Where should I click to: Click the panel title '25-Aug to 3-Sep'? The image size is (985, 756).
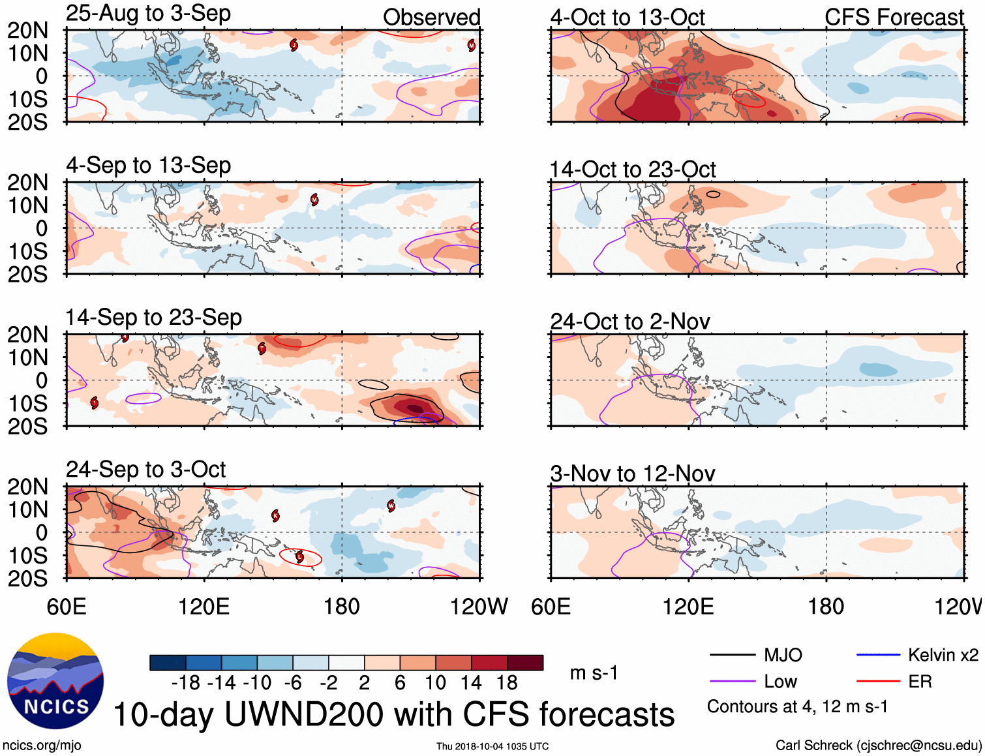pos(148,14)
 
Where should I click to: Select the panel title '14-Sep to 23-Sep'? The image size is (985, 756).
pos(153,318)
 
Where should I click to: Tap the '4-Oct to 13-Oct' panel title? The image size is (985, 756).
pos(628,18)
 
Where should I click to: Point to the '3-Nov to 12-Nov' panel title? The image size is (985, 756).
pos(633,474)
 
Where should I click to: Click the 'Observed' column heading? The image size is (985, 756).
pos(431,18)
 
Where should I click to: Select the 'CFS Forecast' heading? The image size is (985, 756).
pos(894,18)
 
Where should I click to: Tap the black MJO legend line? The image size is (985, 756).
pos(732,655)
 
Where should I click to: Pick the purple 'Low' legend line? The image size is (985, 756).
pos(732,682)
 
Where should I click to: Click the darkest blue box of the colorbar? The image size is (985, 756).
pos(168,663)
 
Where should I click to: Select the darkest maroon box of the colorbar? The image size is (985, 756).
pos(525,663)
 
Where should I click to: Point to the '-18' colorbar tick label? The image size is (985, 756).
pos(186,683)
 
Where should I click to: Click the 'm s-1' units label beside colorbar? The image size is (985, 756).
pos(594,673)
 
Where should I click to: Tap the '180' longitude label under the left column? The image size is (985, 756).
pos(342,607)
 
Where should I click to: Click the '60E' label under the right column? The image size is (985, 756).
pos(551,607)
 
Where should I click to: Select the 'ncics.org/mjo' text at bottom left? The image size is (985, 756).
pos(42,746)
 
